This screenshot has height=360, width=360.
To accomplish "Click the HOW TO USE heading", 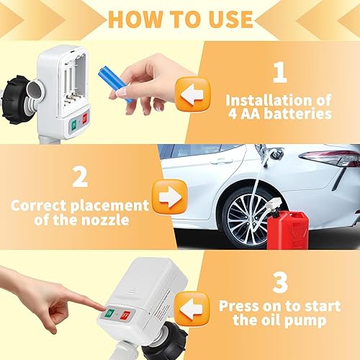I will (x=180, y=19).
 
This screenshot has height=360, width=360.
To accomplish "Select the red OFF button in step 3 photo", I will (x=125, y=314).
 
